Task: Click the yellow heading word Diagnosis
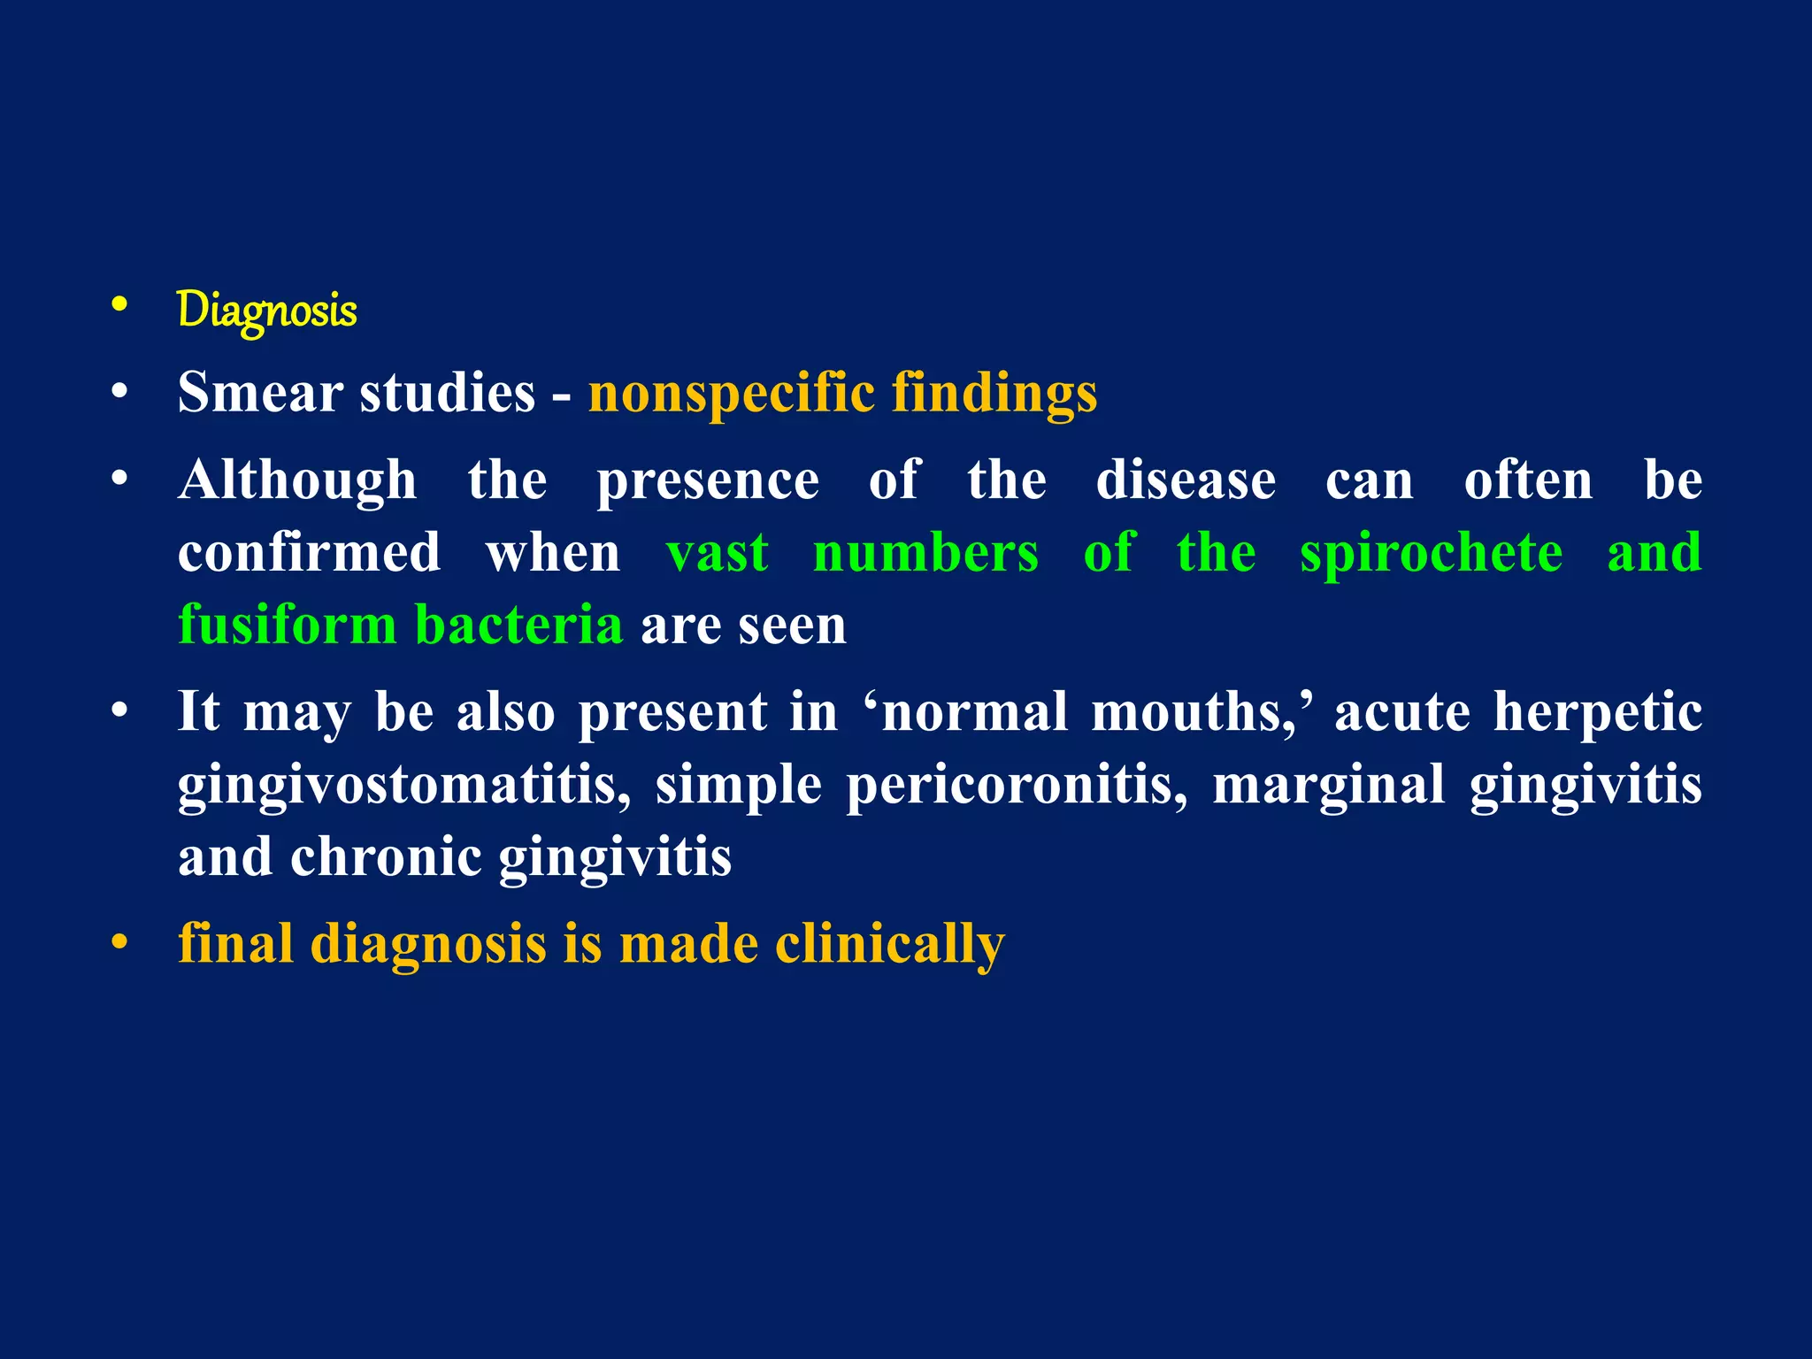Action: (x=267, y=310)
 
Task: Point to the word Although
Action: (x=296, y=481)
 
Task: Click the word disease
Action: (x=1186, y=481)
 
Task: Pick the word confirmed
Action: (x=309, y=553)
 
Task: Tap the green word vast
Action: (x=717, y=553)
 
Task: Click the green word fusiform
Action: (x=287, y=625)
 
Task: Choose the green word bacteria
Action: (x=518, y=625)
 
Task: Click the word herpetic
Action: (x=1597, y=713)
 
